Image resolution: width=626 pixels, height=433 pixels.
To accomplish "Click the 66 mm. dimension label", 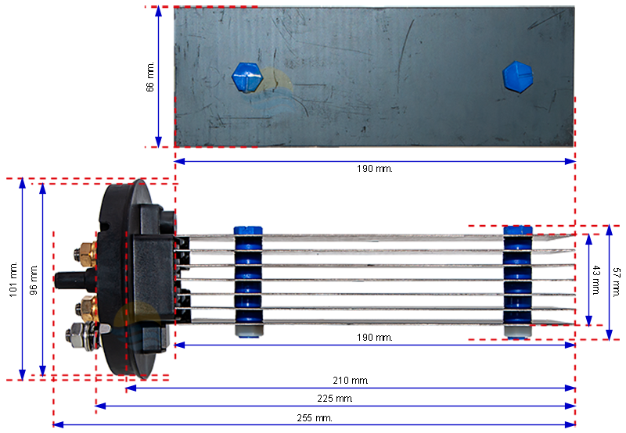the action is (150, 77).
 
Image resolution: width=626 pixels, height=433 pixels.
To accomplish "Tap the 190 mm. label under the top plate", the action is (375, 169).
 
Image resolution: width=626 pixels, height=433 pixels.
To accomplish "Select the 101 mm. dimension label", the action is (13, 280).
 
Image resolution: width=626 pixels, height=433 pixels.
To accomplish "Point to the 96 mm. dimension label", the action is (34, 280).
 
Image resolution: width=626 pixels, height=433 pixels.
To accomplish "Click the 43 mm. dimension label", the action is (596, 280).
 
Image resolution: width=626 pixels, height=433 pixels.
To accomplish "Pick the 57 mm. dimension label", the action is (617, 282).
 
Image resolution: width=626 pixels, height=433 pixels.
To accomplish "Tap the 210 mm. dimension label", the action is (351, 381).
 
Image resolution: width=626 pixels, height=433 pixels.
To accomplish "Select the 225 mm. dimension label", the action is (335, 399).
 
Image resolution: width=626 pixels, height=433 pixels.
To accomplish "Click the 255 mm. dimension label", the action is (315, 418).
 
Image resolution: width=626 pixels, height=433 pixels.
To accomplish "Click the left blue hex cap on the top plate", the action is (247, 77).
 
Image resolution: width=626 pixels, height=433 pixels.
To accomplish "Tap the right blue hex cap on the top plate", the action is (517, 77).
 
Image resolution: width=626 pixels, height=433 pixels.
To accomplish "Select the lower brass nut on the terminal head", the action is (88, 307).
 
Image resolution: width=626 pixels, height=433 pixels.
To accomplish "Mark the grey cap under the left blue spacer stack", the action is (249, 331).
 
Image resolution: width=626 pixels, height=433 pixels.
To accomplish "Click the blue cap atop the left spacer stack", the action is (248, 231).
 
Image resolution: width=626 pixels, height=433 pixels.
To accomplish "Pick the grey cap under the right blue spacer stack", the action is (517, 331).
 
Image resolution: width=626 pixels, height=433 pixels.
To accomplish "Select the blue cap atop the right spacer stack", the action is (518, 230).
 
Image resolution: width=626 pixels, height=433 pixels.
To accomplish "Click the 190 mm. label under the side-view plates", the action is (375, 338).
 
